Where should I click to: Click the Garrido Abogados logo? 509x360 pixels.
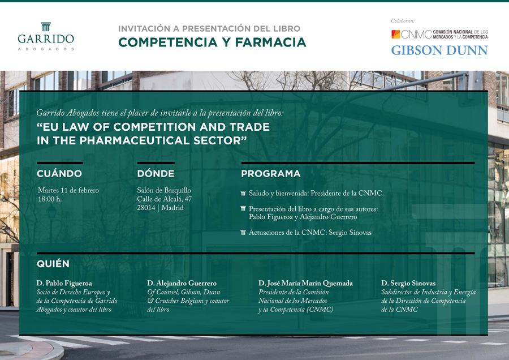point(46,36)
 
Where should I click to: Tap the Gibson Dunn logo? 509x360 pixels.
point(439,50)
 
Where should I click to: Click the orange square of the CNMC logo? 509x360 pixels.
point(396,34)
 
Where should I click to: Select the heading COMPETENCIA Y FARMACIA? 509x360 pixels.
point(212,42)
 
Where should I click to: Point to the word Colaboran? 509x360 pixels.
point(403,21)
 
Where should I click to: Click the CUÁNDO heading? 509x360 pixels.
point(59,174)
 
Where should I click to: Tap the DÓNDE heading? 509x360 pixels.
point(156,174)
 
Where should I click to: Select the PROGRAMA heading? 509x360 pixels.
point(271,174)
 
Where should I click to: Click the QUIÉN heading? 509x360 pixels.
point(53,264)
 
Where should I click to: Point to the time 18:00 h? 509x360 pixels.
point(50,199)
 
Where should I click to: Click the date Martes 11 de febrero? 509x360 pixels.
point(68,190)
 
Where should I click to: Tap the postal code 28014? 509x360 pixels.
point(146,208)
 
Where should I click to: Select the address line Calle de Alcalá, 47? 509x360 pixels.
point(164,199)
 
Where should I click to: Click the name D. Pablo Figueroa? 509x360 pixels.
point(64,284)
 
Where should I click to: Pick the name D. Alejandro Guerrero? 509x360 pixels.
point(182,284)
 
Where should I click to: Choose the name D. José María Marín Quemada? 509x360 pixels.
point(305,284)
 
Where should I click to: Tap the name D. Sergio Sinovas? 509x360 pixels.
point(408,284)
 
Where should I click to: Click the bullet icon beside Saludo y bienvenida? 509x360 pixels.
point(243,194)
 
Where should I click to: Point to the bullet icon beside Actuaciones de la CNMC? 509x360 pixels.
point(243,232)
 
